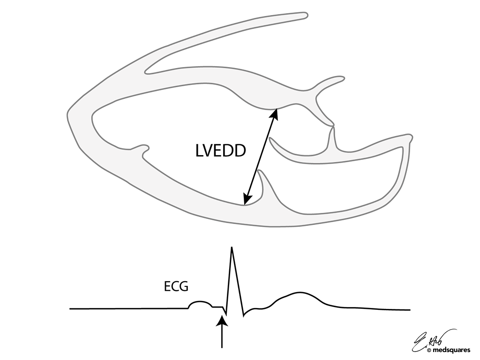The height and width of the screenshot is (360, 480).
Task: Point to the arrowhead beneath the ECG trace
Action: [222, 321]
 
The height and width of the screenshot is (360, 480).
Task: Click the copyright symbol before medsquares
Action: [429, 350]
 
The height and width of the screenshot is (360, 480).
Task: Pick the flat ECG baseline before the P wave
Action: [127, 308]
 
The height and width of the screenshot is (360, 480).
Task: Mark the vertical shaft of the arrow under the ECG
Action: [222, 337]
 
